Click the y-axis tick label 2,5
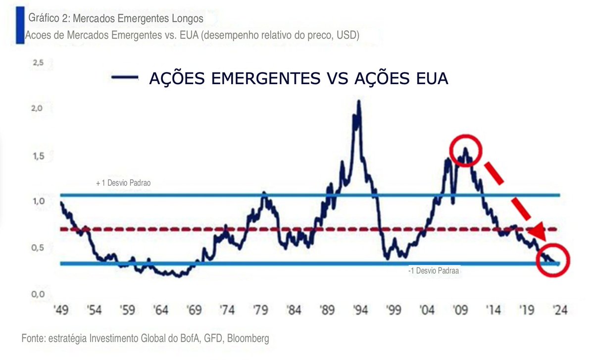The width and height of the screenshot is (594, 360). [x=38, y=63]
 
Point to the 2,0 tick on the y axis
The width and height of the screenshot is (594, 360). [x=38, y=108]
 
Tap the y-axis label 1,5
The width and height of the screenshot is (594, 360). [x=38, y=156]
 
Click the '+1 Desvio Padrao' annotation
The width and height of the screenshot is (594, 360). [x=123, y=183]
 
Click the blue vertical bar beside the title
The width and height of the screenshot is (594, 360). [x=20, y=26]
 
